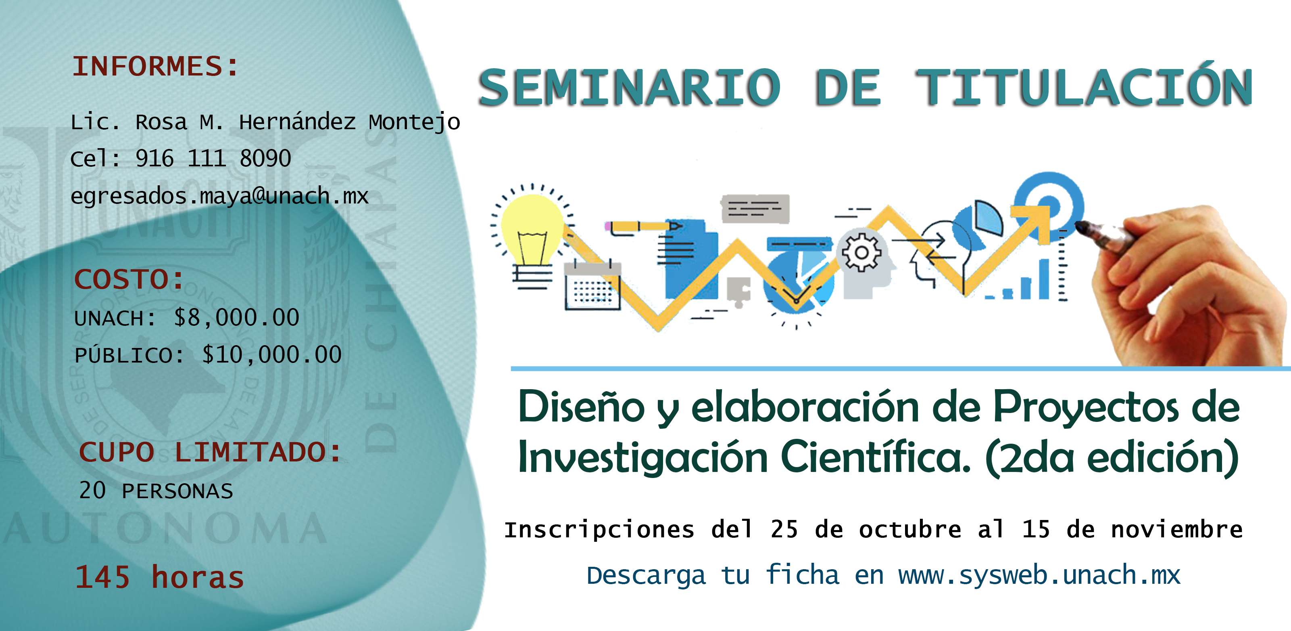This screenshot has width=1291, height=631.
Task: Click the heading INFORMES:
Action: (155, 66)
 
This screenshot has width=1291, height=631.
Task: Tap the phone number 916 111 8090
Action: (213, 159)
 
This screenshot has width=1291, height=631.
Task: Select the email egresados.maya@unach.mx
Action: (219, 196)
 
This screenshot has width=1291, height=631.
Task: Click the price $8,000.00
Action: (237, 317)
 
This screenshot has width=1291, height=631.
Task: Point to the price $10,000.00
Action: (272, 354)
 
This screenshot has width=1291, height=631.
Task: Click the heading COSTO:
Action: (129, 279)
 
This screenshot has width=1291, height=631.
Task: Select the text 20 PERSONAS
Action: (156, 490)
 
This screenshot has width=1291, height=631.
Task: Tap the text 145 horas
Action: (159, 577)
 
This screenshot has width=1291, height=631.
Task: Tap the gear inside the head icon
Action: (861, 252)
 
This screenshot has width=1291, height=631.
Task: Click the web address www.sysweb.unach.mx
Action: (1039, 575)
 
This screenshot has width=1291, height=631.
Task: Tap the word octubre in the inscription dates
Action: (910, 529)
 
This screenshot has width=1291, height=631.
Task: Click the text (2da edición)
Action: (1112, 457)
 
